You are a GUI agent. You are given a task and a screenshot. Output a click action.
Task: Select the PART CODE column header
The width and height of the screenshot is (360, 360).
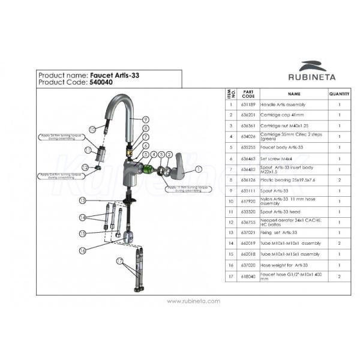(248, 94)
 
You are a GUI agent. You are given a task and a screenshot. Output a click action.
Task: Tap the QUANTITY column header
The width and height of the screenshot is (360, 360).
(339, 94)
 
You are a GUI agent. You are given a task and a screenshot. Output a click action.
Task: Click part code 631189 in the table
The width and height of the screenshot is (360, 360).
(248, 104)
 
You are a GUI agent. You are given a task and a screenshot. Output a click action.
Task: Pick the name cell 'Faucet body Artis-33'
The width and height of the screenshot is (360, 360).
(294, 145)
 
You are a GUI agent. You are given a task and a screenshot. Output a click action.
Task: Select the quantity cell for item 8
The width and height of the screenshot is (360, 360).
(339, 179)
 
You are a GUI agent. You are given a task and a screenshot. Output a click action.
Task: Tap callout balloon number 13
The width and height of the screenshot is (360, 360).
(83, 199)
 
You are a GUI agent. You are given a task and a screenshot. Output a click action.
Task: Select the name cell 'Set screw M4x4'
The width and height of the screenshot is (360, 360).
(294, 158)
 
